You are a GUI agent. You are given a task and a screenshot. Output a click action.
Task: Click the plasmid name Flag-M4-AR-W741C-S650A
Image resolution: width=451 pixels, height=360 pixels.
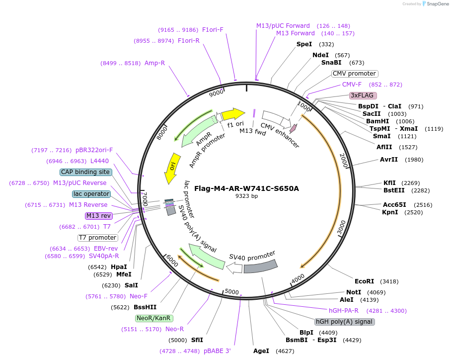point(246,188)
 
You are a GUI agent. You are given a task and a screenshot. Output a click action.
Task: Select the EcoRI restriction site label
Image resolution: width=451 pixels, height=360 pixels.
point(364,281)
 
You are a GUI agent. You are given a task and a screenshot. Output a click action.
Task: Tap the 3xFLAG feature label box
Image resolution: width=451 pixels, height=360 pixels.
point(363,95)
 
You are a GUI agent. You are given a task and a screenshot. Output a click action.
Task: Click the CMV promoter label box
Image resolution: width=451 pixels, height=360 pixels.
point(354,74)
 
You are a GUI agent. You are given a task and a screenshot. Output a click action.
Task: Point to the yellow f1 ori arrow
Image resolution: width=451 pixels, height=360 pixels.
point(233,114)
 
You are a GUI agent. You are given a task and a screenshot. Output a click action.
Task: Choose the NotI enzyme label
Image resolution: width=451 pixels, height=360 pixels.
point(354,292)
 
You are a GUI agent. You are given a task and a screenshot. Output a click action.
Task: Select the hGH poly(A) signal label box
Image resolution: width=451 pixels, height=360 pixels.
point(345,322)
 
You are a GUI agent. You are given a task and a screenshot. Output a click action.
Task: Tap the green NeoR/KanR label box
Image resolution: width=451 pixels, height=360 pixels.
point(153,318)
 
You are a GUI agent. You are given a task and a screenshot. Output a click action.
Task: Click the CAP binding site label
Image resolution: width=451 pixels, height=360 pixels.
point(85,172)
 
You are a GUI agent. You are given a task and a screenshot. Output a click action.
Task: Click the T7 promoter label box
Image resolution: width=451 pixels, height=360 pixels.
point(98,238)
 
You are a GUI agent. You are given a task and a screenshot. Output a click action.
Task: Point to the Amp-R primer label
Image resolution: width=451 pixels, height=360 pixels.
point(154,63)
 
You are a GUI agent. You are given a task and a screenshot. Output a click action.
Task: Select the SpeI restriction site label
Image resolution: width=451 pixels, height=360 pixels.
point(304,44)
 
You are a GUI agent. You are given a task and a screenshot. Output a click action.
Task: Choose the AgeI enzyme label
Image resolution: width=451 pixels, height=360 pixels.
point(261,351)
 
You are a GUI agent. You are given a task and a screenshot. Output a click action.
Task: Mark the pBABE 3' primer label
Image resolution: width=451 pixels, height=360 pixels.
point(217,351)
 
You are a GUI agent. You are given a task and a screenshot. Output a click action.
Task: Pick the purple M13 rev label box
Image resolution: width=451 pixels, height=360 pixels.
point(99,216)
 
